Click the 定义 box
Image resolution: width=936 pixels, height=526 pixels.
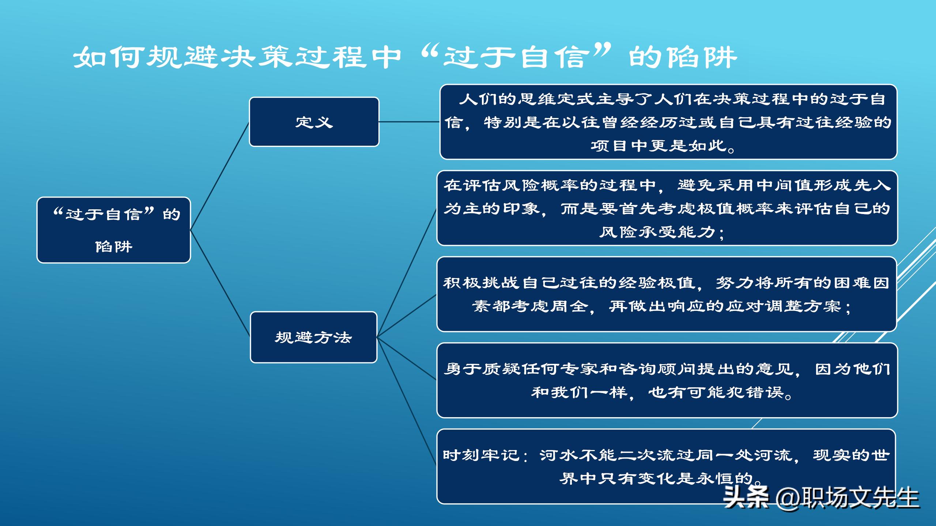pos(314,122)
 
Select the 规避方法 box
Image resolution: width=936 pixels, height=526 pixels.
pos(313,337)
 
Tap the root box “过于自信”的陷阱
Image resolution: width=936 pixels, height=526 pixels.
pos(113,230)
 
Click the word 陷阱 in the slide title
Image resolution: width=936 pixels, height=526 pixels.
pos(700,58)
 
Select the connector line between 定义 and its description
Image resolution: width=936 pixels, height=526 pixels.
pos(409,122)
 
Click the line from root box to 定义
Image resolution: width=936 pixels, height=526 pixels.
pos(219,176)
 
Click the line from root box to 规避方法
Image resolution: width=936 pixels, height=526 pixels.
pos(219,283)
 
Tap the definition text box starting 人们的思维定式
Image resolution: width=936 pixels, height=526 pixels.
pos(668,122)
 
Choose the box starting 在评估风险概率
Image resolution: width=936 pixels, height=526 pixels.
pos(667,208)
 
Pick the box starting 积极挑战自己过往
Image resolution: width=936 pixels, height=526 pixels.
pos(666,294)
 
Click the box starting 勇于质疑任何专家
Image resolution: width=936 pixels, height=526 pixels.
pos(667,380)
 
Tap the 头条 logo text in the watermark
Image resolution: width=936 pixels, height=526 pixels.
pos(746,498)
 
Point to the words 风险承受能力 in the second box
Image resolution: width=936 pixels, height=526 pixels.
pos(657,232)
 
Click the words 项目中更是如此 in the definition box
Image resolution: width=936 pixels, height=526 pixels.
pos(658,146)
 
